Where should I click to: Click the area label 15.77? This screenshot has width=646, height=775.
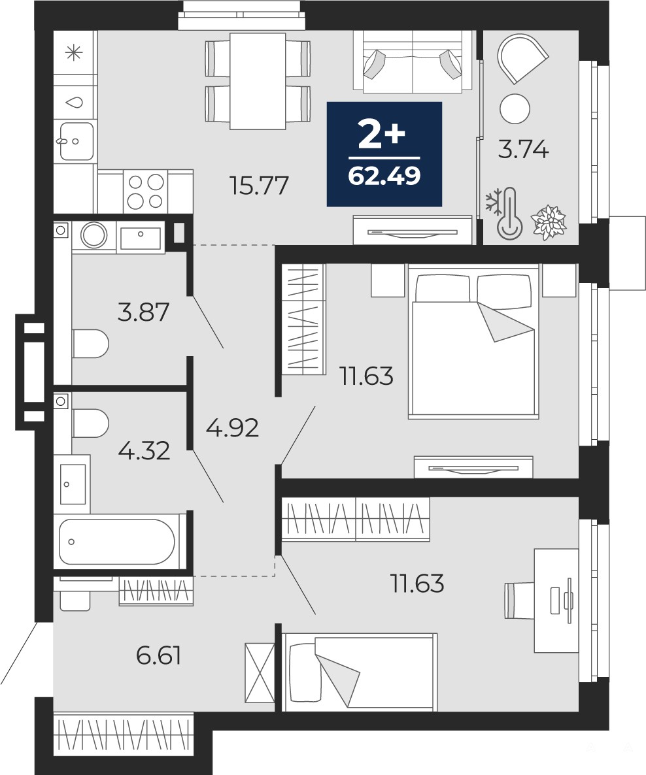[x=259, y=186]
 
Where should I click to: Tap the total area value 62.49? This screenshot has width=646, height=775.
[x=384, y=175]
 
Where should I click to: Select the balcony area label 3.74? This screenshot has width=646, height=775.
[x=523, y=149]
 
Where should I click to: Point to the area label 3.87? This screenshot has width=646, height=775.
[x=143, y=312]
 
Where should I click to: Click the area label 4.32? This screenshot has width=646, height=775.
[x=144, y=450]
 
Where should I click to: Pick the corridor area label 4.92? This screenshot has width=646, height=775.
[x=233, y=427]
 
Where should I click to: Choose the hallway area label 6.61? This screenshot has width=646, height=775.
[x=158, y=655]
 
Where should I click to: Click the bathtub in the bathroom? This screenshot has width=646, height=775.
[x=117, y=541]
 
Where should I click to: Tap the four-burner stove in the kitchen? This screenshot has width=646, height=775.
[x=145, y=191]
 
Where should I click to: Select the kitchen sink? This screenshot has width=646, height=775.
[x=76, y=141]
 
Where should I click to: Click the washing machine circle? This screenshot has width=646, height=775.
[x=93, y=235]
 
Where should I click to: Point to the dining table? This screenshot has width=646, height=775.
[x=258, y=81]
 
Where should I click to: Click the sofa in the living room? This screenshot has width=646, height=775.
[x=412, y=61]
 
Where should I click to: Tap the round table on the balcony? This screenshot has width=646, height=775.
[x=515, y=108]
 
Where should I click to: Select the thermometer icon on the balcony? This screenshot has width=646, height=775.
[x=510, y=214]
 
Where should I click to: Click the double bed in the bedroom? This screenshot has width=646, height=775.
[x=473, y=341]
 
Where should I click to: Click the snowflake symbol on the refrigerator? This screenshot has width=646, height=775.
[x=74, y=52]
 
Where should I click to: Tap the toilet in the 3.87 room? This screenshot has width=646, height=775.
[x=90, y=344]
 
